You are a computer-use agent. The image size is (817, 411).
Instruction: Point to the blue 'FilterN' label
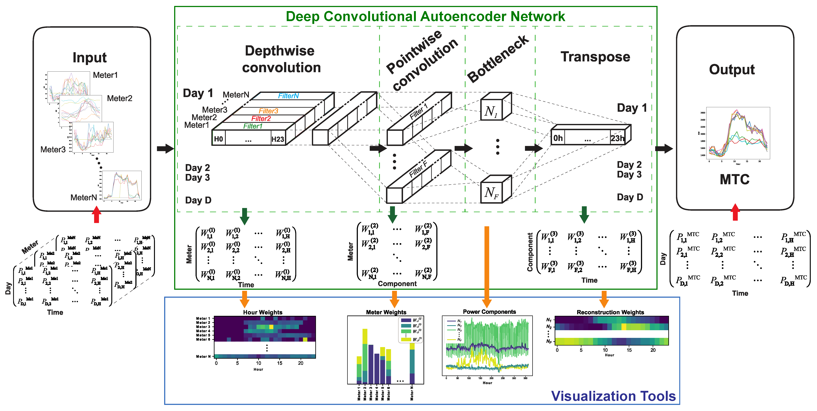click(x=288, y=96)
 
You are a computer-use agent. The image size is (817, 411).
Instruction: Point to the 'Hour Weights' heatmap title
click(x=263, y=312)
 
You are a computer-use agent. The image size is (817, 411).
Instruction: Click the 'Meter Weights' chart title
click(x=386, y=312)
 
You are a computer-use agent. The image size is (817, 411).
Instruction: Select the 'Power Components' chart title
click(x=489, y=312)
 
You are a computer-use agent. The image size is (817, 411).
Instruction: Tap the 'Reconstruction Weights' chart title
click(x=610, y=312)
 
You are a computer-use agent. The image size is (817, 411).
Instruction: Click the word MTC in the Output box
click(x=735, y=180)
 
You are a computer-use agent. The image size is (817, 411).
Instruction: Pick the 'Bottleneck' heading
click(x=498, y=59)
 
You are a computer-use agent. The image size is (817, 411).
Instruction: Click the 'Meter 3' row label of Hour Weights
click(x=203, y=327)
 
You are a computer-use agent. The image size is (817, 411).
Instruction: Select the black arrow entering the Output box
click(x=664, y=148)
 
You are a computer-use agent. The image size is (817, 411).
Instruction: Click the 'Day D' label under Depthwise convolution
click(x=198, y=200)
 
